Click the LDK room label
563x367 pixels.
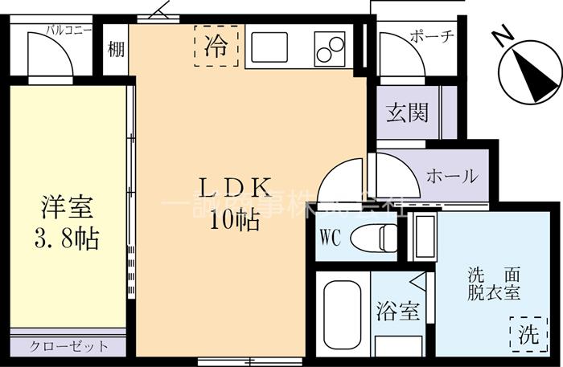[x=234, y=186]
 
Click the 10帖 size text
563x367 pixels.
[x=234, y=219]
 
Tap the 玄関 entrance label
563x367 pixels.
[x=406, y=112]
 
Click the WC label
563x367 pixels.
[x=331, y=237]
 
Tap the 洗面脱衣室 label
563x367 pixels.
[x=493, y=283]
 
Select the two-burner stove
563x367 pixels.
[x=328, y=48]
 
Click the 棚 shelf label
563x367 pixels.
[x=116, y=50]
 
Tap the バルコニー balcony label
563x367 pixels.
[x=68, y=31]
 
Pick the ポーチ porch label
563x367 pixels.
[x=432, y=36]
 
